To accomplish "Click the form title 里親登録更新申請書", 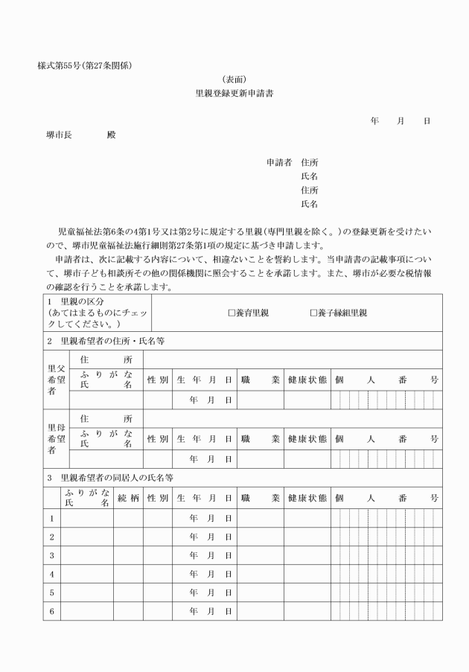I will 234,94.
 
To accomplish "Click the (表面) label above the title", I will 234,80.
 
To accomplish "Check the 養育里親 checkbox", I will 232,313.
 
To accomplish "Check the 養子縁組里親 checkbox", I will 313,313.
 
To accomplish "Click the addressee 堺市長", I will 59,135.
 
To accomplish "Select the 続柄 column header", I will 128,497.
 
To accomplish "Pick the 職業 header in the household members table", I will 260,497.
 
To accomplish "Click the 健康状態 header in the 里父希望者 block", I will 307,379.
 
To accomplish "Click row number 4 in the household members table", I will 51,574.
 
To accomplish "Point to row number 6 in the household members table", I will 51,611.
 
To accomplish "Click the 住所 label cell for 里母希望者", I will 106,419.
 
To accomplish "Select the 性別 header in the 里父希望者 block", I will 157,379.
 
